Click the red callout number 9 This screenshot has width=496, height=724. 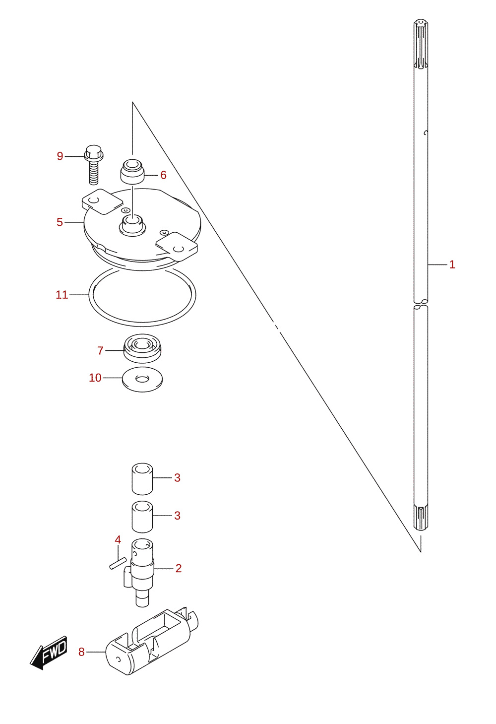60,156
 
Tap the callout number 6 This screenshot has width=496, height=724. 164,175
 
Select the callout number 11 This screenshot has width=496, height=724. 62,295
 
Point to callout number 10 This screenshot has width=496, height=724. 95,378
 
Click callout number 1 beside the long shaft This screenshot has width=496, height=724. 452,264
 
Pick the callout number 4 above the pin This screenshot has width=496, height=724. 118,539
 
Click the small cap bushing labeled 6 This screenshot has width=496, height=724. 132,172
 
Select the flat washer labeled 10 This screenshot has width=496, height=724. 142,379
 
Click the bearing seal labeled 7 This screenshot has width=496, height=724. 142,348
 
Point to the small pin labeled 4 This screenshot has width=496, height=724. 118,563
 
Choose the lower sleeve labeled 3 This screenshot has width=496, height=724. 142,517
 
